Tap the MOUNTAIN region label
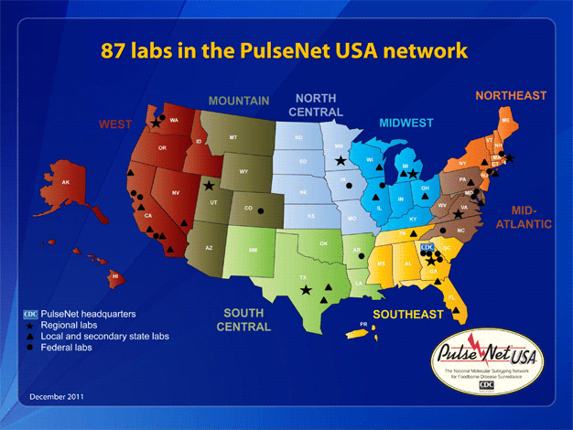[238, 101]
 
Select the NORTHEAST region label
[511, 95]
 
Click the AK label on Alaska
[65, 182]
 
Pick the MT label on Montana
[233, 137]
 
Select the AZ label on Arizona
[209, 248]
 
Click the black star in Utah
[210, 187]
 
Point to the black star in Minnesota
[341, 161]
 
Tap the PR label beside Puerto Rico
[363, 324]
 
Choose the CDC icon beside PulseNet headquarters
[30, 315]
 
